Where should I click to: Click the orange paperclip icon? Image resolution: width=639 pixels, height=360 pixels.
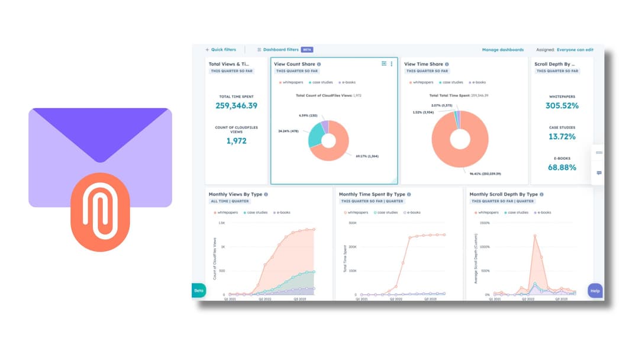click(x=100, y=212)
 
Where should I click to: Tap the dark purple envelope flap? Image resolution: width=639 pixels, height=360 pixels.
click(x=100, y=130)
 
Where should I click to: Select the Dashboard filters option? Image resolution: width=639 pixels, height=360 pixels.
click(x=280, y=50)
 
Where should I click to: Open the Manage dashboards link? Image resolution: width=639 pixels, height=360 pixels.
click(x=502, y=50)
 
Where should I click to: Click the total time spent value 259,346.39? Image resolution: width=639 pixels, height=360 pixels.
click(x=237, y=105)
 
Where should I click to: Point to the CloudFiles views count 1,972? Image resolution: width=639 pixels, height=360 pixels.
click(x=236, y=141)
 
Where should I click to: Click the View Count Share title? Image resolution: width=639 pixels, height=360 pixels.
click(x=294, y=64)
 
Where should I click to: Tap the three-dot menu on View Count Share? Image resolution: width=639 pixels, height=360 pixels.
click(x=392, y=64)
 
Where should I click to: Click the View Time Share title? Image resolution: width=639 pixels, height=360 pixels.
click(x=423, y=64)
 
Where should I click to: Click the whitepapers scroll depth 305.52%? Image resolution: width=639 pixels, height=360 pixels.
click(x=562, y=105)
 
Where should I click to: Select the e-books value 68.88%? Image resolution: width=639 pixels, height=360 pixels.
click(x=562, y=168)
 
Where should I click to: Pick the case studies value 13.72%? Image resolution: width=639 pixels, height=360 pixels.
click(x=562, y=137)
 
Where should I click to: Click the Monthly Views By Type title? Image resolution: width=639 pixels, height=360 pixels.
click(x=235, y=194)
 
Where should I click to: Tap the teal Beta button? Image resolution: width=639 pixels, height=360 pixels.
click(x=199, y=290)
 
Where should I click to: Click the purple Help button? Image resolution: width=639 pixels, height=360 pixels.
click(x=595, y=291)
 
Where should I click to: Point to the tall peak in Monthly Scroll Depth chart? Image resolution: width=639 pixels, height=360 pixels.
click(x=535, y=236)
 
